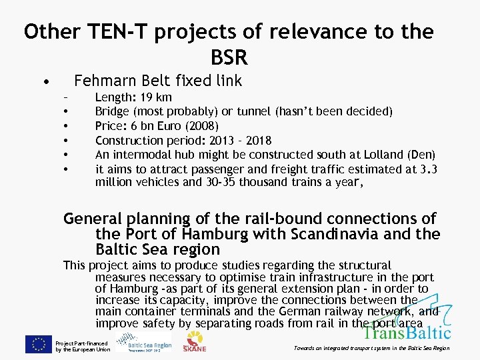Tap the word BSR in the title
[x=229, y=57]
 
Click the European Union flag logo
[x=39, y=345]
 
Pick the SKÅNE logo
[x=194, y=341]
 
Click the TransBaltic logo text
[x=407, y=331]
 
